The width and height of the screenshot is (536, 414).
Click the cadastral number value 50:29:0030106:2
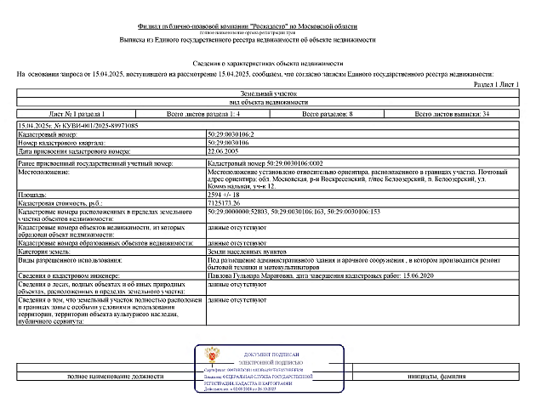tap(230, 134)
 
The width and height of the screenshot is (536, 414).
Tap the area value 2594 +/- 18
tap(224, 195)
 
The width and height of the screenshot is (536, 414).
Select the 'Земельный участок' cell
tap(268, 94)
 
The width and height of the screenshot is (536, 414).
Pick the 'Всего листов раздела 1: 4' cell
tap(203, 114)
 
